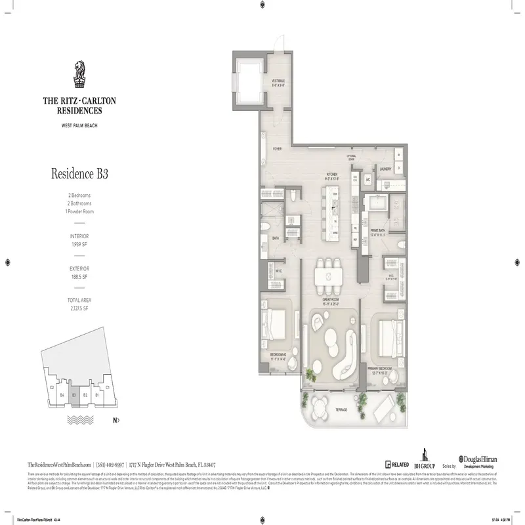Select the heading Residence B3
pyautogui.click(x=79, y=175)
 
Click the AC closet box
pyautogui.click(x=368, y=180)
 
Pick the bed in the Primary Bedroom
pyautogui.click(x=387, y=335)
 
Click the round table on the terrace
pyautogui.click(x=319, y=401)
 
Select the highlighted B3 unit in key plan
pyautogui.click(x=75, y=396)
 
